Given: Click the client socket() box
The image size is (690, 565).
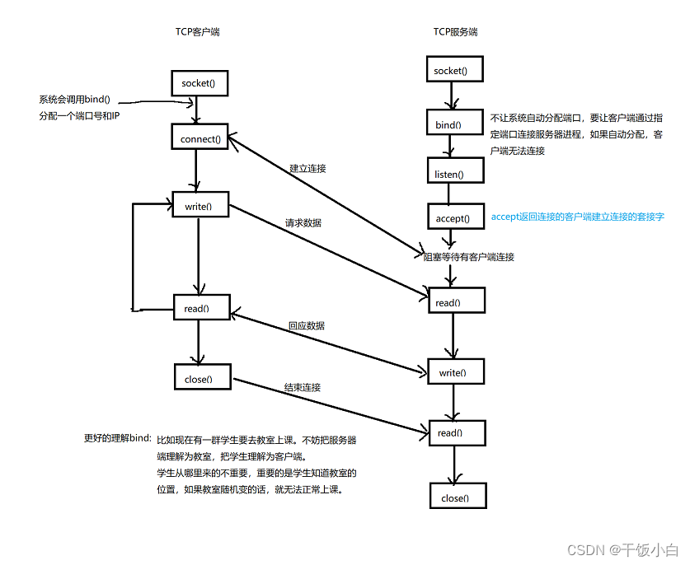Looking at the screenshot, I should [x=198, y=84].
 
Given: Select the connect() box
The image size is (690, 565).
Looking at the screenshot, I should [x=200, y=138].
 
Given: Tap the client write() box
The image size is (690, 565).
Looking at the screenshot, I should [x=199, y=206].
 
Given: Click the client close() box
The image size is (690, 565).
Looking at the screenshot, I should [x=198, y=380].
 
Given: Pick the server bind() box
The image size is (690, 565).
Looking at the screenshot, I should [x=448, y=126].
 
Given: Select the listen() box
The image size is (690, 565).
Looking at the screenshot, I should [x=448, y=175].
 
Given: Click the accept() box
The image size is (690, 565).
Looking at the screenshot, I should [x=452, y=218].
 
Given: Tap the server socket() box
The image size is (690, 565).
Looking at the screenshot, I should [x=450, y=71].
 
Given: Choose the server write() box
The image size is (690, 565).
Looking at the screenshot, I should [x=450, y=373].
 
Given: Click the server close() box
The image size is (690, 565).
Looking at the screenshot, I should [x=454, y=498].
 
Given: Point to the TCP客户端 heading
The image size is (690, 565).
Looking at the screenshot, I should [x=197, y=32].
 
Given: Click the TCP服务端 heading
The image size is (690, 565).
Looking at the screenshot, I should [x=455, y=32].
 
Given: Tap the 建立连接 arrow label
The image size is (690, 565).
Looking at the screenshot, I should [x=307, y=169].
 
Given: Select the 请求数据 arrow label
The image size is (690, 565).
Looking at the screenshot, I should [x=303, y=223].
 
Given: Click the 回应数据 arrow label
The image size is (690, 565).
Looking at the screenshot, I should [x=306, y=326].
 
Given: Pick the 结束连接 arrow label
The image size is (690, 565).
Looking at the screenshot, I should [x=303, y=387].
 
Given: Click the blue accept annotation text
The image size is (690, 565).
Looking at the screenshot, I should [x=577, y=217].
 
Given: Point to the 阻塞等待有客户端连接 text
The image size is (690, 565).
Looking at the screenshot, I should [x=468, y=257].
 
